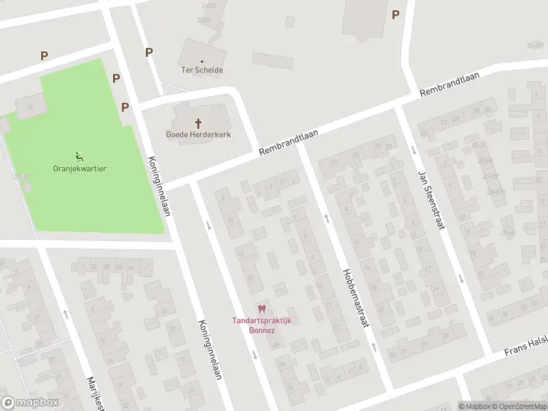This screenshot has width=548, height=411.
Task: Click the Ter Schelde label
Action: pos(202,70)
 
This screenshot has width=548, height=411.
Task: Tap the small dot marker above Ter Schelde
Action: pos(202,61)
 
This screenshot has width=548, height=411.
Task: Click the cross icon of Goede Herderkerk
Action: pos(199,123)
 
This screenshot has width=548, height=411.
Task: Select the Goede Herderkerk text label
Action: pos(199,134)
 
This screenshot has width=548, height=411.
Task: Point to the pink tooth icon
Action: pos(260,310)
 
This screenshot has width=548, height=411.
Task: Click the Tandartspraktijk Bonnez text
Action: pos(260,325)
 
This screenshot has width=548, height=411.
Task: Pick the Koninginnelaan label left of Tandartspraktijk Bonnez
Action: pos(210,350)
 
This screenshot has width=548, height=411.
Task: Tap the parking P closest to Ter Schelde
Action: pos(149,52)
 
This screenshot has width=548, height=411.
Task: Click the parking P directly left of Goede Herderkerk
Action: pos(125,107)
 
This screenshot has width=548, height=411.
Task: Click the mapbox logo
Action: pos(30,402)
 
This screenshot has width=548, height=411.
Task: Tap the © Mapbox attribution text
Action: pos(475,406)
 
